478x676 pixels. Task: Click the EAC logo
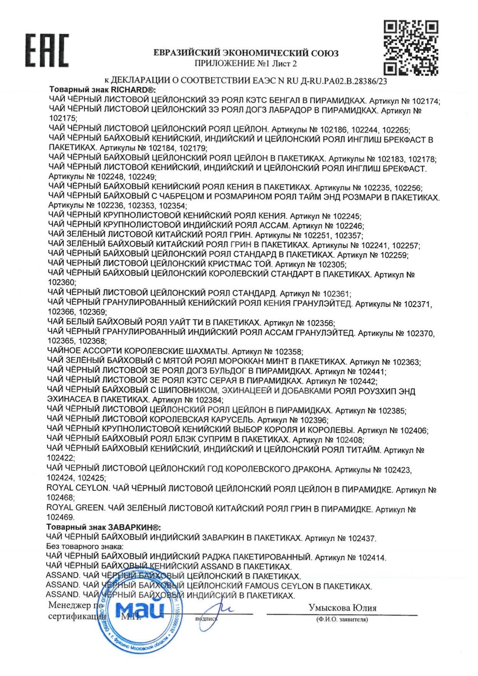[x=47, y=50]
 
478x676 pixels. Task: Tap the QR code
[x=411, y=47]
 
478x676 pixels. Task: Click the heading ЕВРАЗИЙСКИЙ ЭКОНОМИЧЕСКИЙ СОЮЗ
[x=246, y=53]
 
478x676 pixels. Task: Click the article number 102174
[x=425, y=101]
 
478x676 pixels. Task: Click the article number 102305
[x=331, y=265]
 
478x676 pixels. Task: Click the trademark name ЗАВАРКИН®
[x=134, y=527]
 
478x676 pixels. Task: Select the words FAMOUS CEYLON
[x=279, y=586]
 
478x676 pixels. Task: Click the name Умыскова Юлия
[x=342, y=608]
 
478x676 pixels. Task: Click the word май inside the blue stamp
[x=139, y=610]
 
